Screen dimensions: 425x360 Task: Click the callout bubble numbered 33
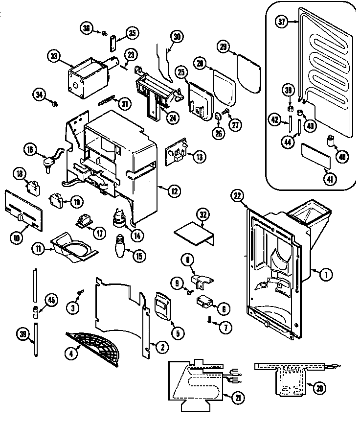click(x=54, y=56)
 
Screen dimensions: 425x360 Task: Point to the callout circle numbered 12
click(x=173, y=191)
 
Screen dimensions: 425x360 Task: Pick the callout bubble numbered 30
click(x=177, y=36)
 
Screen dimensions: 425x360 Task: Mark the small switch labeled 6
click(x=206, y=303)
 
